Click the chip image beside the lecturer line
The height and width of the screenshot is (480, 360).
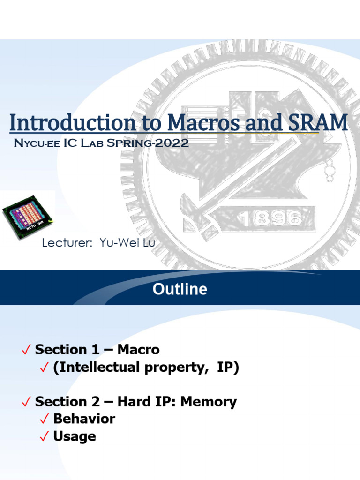point(28,215)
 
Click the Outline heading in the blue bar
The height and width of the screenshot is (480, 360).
point(180,289)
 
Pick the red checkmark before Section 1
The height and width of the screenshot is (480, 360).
point(27,350)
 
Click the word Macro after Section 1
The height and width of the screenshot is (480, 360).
point(138,350)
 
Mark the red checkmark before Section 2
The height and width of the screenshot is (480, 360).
point(27,402)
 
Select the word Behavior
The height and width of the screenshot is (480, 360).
point(84,419)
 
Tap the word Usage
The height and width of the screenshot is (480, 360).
point(75,436)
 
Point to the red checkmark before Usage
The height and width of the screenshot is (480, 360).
point(45,437)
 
